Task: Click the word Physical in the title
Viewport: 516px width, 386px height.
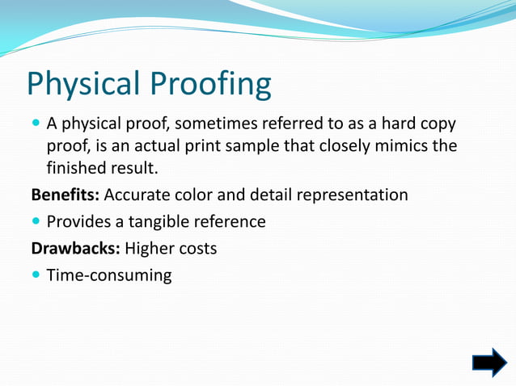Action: (x=80, y=85)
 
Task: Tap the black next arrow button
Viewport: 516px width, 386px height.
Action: (x=489, y=363)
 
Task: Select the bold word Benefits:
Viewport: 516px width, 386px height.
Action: (x=66, y=195)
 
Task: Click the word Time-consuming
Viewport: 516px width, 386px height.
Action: (x=109, y=275)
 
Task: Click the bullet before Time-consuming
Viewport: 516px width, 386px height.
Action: (x=36, y=275)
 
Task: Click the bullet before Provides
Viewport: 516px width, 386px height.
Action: (x=36, y=221)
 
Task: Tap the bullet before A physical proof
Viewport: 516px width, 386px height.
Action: (x=36, y=124)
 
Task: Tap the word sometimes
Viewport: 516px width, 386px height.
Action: (x=211, y=124)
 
